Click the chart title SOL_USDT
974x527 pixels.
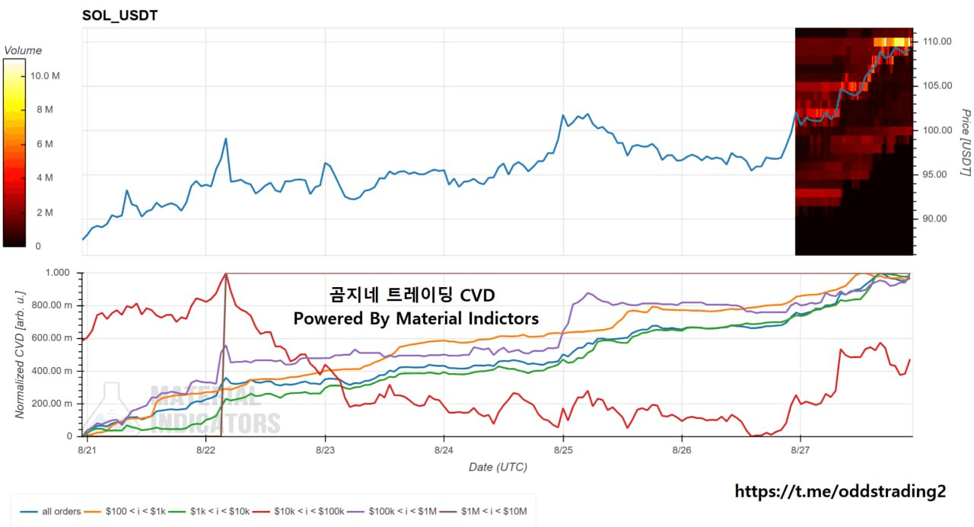119,16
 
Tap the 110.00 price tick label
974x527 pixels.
937,41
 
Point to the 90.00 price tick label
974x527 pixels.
935,219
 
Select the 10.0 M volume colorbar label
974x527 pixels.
45,75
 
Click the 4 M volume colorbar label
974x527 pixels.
45,177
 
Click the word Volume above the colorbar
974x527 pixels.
23,50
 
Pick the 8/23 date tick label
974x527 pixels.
325,450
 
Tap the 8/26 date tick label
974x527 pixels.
682,450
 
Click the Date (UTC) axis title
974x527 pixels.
498,467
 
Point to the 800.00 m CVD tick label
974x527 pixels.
52,305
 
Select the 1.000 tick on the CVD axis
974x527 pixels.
57,273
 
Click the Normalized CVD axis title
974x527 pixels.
20,355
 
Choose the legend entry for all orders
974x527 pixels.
51,511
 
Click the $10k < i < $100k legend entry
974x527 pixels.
299,511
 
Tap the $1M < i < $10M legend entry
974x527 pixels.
483,511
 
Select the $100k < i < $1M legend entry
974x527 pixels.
392,511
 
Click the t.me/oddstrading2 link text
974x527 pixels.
840,491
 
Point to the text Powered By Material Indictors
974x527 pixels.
416,318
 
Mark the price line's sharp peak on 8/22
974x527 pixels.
226,139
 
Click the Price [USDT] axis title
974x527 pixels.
966,142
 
